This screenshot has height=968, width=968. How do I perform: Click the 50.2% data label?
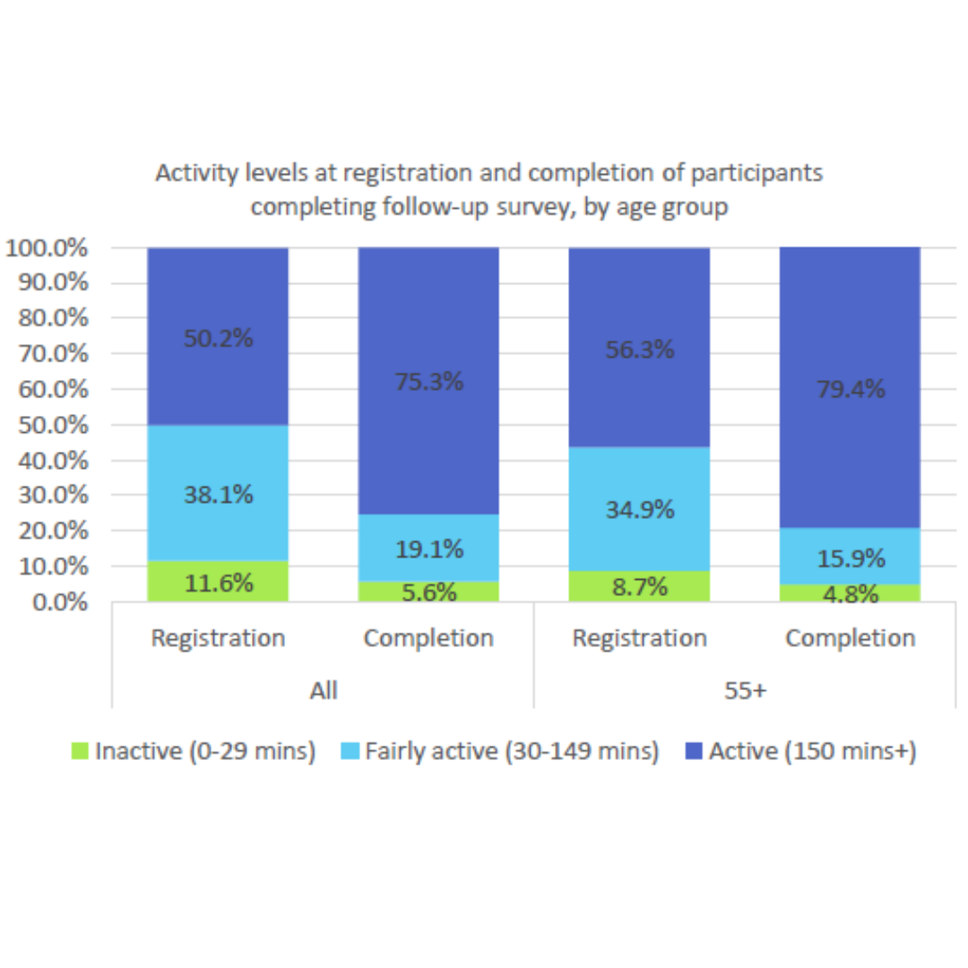tap(219, 340)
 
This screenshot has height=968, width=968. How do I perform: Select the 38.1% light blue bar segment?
tap(219, 493)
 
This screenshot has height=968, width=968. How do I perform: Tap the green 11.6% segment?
tap(219, 583)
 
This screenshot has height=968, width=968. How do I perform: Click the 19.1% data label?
tap(428, 549)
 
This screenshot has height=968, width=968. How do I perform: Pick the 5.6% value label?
tap(428, 592)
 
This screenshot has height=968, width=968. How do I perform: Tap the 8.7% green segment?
tap(639, 587)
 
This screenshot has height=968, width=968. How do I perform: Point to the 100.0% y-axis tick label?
tap(47, 248)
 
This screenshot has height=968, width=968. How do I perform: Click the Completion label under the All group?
tap(428, 638)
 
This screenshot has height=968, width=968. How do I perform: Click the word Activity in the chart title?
tap(191, 173)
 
